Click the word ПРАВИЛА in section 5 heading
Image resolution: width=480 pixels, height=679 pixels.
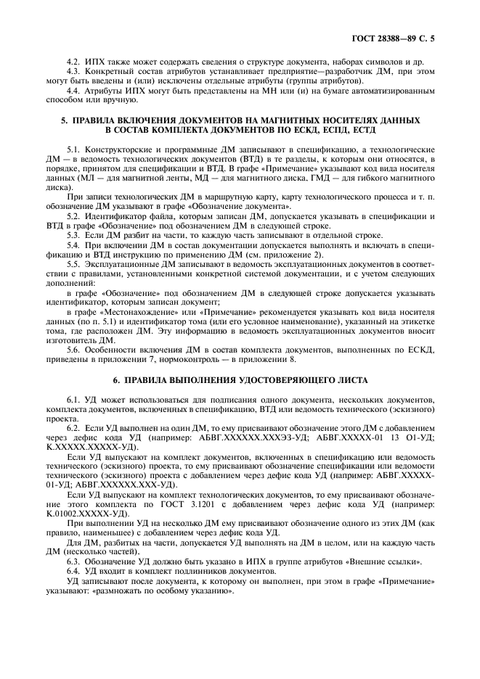99,119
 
